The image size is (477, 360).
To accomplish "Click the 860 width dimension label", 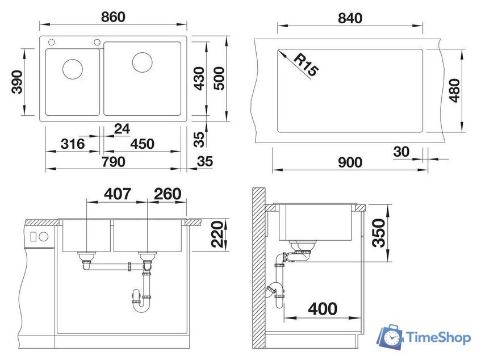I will click(113, 17).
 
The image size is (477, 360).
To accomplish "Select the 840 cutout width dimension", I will click(350, 18).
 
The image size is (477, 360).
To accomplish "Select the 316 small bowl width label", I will click(72, 144).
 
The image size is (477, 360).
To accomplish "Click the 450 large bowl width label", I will click(142, 144).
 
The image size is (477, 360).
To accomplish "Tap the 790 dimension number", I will click(113, 162).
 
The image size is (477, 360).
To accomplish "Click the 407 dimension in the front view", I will click(117, 194).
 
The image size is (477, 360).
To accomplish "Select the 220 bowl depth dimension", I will click(216, 235).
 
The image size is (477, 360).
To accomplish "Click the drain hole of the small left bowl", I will click(73, 69).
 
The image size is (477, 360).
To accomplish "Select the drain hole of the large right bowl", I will click(143, 62).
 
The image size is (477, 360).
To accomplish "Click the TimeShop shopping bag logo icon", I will click(391, 337).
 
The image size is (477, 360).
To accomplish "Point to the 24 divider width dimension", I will click(122, 129).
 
